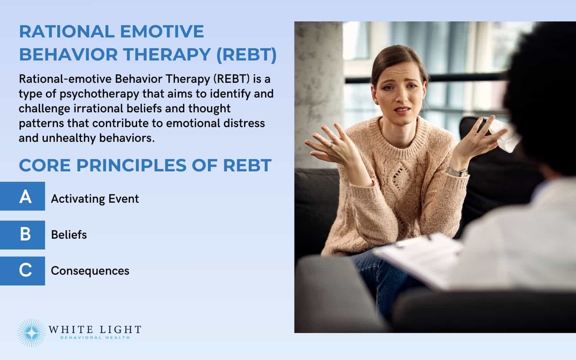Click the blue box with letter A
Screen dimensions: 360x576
click(x=22, y=196)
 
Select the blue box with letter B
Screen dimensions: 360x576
click(x=22, y=235)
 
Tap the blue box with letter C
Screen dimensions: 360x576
click(x=22, y=271)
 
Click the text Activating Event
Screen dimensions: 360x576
click(x=95, y=199)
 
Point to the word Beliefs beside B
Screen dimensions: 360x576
click(x=69, y=235)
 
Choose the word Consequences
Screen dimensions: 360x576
click(x=90, y=271)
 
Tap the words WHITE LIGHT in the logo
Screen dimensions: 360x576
click(x=94, y=329)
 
